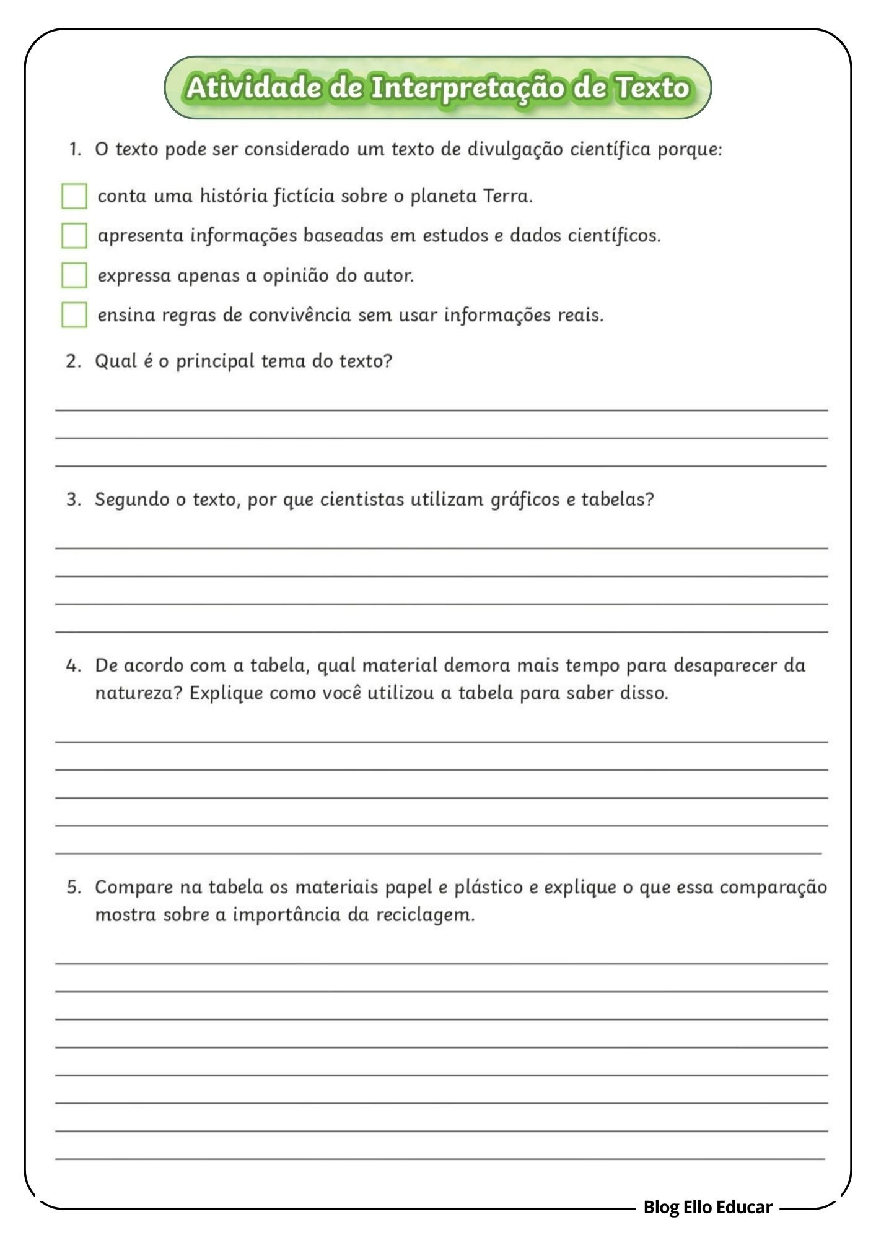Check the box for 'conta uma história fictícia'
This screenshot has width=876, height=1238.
click(74, 196)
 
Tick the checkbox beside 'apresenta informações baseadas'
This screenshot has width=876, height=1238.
click(74, 236)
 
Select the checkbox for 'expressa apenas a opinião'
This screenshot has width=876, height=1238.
click(74, 275)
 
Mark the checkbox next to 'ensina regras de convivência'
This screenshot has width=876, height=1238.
click(74, 314)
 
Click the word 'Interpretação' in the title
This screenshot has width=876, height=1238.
click(467, 88)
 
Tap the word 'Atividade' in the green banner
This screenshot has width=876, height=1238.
click(253, 87)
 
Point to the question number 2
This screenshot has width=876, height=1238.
click(74, 361)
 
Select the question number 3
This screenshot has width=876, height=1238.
click(74, 500)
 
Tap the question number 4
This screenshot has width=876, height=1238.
click(74, 666)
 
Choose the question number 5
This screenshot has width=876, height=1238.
click(74, 888)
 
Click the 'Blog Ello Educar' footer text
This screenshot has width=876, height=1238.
click(707, 1207)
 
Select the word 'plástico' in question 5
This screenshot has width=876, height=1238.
click(489, 888)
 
